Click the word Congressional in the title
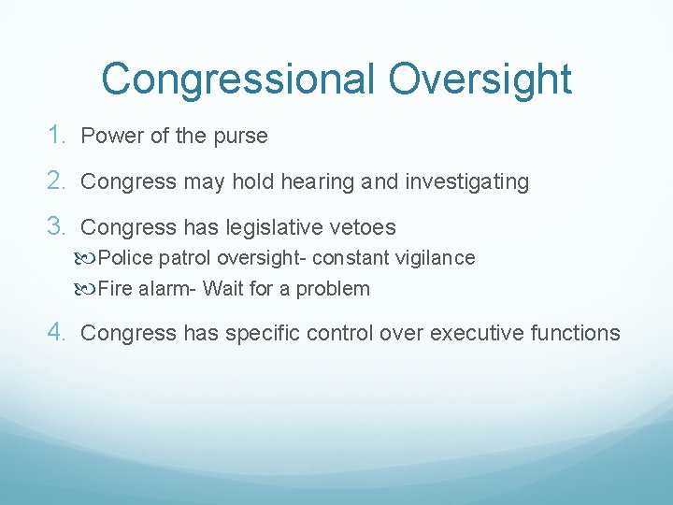point(237,79)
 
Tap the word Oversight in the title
point(480,79)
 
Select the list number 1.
point(58,136)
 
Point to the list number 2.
point(58,181)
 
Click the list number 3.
point(58,227)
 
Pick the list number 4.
point(58,332)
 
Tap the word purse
point(241,137)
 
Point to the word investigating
point(466,182)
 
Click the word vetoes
point(364,228)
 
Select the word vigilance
point(436,258)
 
